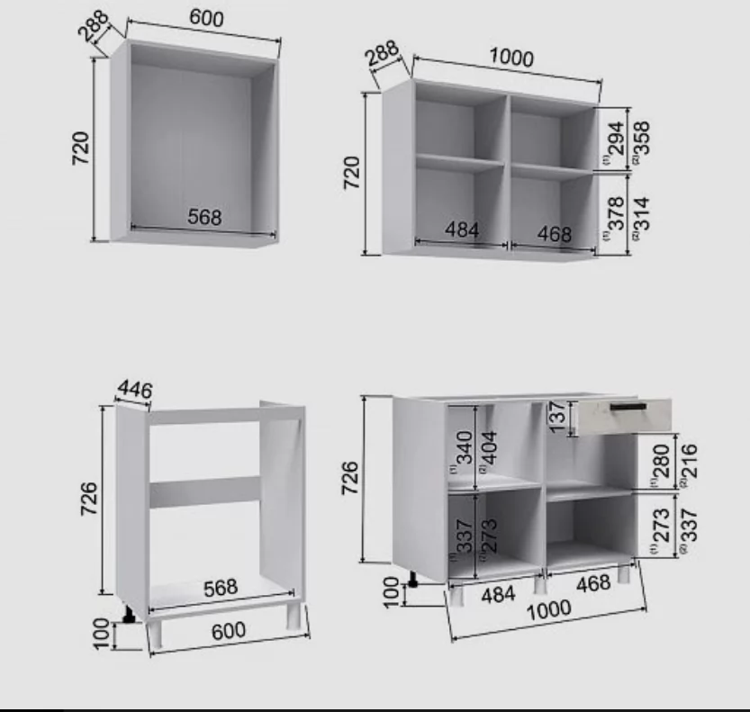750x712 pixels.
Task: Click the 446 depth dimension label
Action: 135,389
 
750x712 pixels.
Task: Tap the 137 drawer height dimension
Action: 557,417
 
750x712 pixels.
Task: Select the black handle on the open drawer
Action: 628,407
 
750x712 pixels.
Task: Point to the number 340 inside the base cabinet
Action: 465,447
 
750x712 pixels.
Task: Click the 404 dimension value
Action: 490,447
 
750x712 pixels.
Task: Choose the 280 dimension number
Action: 662,461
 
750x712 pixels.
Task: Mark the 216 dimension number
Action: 688,461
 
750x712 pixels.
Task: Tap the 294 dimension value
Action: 617,139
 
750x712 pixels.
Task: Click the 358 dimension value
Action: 642,139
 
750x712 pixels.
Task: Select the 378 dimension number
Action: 617,213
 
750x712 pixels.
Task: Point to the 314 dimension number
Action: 642,213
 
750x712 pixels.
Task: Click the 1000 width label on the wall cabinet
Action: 511,58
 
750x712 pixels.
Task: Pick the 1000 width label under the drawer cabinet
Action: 548,609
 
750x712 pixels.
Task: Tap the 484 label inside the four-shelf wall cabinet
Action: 462,230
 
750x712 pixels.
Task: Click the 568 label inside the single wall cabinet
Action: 204,217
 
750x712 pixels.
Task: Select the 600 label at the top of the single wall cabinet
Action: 207,18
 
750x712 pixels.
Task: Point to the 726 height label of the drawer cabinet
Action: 350,478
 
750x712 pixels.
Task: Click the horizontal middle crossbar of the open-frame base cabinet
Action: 204,491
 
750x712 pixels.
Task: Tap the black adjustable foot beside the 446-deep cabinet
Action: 128,615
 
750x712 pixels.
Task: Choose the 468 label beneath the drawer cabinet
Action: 593,583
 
